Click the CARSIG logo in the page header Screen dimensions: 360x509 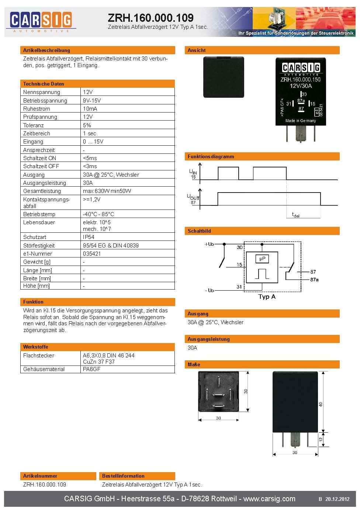41,22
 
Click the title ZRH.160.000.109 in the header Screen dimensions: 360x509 151,18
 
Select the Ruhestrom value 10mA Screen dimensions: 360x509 90,108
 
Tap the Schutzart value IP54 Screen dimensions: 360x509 89,237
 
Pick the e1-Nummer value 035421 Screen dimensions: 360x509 91,254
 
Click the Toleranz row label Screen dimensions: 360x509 34,125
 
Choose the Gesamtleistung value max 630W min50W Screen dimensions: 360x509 107,191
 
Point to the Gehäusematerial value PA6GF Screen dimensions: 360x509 91,369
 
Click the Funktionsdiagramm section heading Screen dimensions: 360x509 211,156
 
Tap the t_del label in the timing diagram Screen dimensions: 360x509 295,215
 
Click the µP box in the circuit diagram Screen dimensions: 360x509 262,259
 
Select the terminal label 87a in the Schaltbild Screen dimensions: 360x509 314,280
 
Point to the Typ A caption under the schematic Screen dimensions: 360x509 267,297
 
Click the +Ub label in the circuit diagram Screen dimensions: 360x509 209,244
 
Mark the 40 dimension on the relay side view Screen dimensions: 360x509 321,404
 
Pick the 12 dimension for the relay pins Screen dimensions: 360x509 321,439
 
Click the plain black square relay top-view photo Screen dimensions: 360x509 224,77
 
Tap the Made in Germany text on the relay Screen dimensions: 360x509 301,121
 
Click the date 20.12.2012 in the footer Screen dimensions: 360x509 337,499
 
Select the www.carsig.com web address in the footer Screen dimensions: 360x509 269,499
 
